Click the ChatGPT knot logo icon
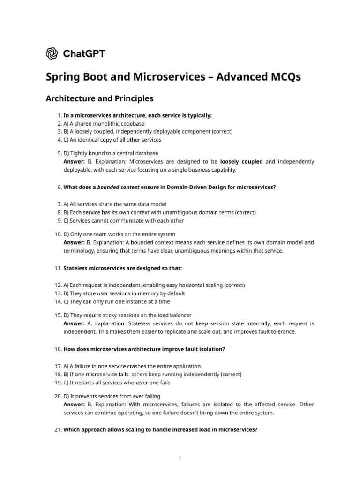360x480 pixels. pyautogui.click(x=52, y=53)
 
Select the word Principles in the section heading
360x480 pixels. pyautogui.click(x=132, y=99)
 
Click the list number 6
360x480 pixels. pyautogui.click(x=59, y=187)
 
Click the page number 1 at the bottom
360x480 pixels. pyautogui.click(x=180, y=458)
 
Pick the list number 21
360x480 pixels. pyautogui.click(x=58, y=429)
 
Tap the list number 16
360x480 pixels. pyautogui.click(x=58, y=349)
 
